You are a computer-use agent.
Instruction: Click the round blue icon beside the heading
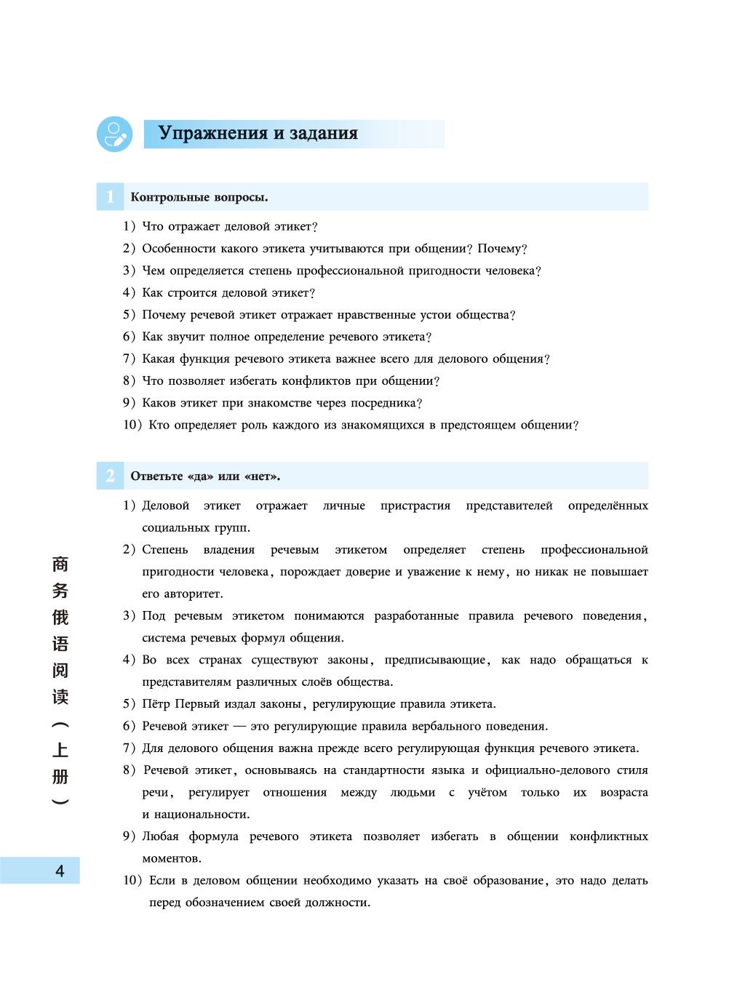tap(114, 134)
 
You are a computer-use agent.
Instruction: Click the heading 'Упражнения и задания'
tap(258, 134)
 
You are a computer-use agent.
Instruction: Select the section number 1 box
tap(110, 197)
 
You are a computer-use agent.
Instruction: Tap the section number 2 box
tap(110, 476)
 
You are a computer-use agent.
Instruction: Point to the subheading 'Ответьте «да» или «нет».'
tap(205, 477)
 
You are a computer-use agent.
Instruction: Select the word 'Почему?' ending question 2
tap(502, 249)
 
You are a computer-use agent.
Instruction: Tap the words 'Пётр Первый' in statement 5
tap(175, 704)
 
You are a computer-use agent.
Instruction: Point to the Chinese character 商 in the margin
tap(60, 564)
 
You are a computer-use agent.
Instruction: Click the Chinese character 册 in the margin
tap(60, 776)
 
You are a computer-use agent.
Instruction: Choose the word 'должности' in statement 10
tap(340, 903)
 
